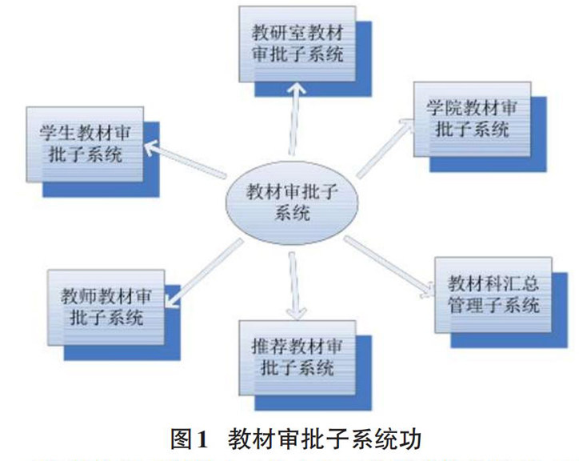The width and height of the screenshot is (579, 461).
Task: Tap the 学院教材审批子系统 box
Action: [x=473, y=118]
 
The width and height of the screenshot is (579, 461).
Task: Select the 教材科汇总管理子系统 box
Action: [x=493, y=294]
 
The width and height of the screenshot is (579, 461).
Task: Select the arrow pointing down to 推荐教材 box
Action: [x=294, y=284]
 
